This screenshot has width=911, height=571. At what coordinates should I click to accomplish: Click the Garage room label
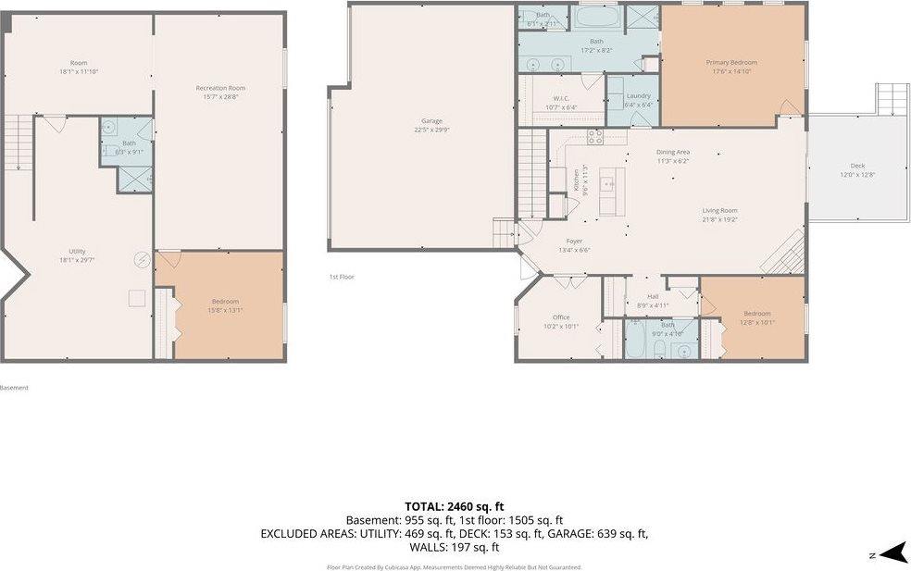(431, 121)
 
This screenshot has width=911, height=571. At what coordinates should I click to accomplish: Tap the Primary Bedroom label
(731, 63)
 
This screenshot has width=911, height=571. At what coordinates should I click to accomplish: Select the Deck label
(857, 167)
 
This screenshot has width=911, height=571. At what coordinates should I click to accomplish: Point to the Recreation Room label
(220, 88)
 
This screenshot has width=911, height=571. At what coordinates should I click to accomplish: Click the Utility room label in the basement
(77, 252)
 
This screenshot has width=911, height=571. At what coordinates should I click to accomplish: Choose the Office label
(560, 317)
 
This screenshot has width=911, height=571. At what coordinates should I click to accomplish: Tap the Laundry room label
(638, 96)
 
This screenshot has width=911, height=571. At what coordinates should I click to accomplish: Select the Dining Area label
(673, 153)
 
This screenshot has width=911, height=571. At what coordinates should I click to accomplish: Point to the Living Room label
(719, 211)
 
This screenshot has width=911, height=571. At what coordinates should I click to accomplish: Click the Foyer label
(574, 241)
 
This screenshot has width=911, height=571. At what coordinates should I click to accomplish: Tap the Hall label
(654, 297)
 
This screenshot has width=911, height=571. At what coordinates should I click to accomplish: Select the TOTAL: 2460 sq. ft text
(454, 506)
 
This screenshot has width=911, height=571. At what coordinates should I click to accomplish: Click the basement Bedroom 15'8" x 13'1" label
(225, 302)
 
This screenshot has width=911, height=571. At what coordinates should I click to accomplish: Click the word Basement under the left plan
(14, 388)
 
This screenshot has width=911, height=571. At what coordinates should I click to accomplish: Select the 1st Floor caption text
(342, 277)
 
